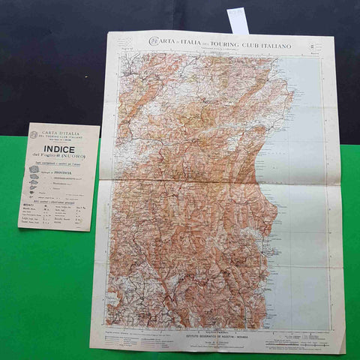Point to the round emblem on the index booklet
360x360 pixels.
(x=33, y=134)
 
